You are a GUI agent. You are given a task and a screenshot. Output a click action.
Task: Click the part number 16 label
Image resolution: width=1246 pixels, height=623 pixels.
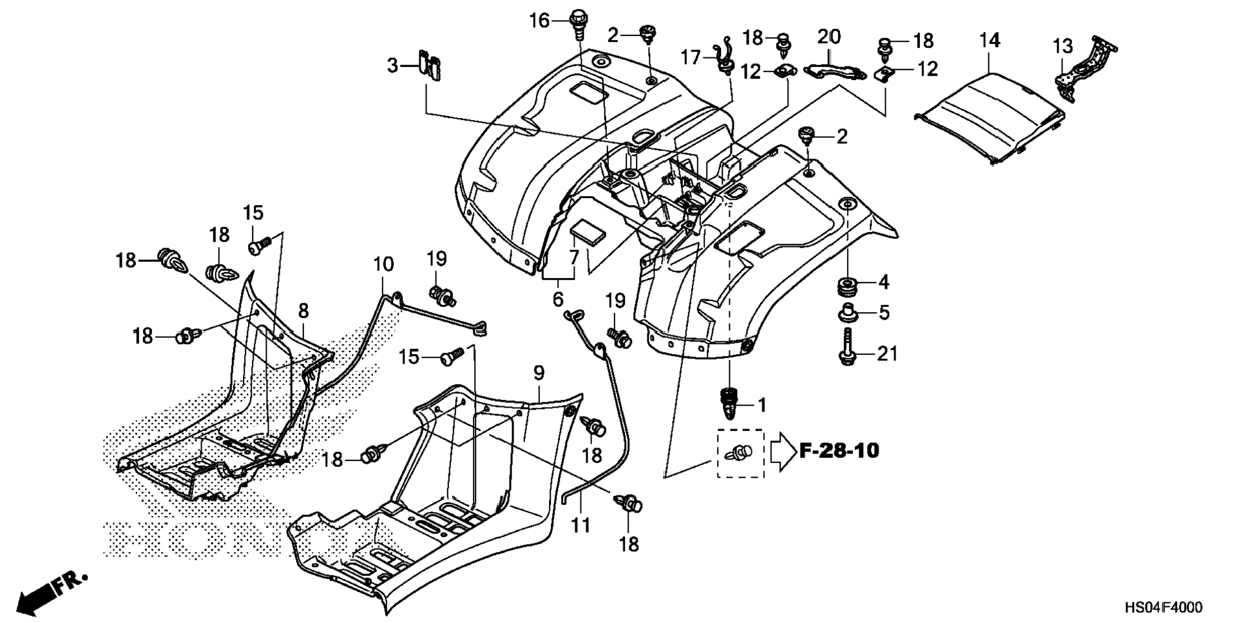539,21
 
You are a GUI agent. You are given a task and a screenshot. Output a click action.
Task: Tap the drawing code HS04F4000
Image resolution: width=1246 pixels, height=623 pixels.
1163,608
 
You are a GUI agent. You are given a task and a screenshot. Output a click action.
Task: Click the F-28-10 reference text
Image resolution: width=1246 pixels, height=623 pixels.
839,450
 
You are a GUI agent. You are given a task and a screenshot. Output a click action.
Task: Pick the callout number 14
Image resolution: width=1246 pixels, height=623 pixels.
990,41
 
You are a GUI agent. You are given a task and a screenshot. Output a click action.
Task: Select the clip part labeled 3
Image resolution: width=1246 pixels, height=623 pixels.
430,65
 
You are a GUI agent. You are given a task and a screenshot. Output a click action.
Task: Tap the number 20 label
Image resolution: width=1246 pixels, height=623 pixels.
829,37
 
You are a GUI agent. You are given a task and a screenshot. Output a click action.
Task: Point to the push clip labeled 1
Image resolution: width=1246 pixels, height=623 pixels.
729,403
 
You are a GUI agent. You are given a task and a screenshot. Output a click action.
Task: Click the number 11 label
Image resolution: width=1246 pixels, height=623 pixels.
580,526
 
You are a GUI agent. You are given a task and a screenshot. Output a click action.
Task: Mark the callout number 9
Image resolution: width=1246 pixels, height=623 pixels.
539,373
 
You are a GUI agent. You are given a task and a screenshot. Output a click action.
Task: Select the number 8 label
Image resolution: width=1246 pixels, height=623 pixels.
303,311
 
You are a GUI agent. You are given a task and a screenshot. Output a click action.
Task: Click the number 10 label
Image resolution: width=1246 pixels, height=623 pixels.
383,264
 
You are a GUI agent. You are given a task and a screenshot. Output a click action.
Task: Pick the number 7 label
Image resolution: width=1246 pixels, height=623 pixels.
573,257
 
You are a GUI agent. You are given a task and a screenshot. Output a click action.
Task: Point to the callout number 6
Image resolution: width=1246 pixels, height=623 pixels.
557,299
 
